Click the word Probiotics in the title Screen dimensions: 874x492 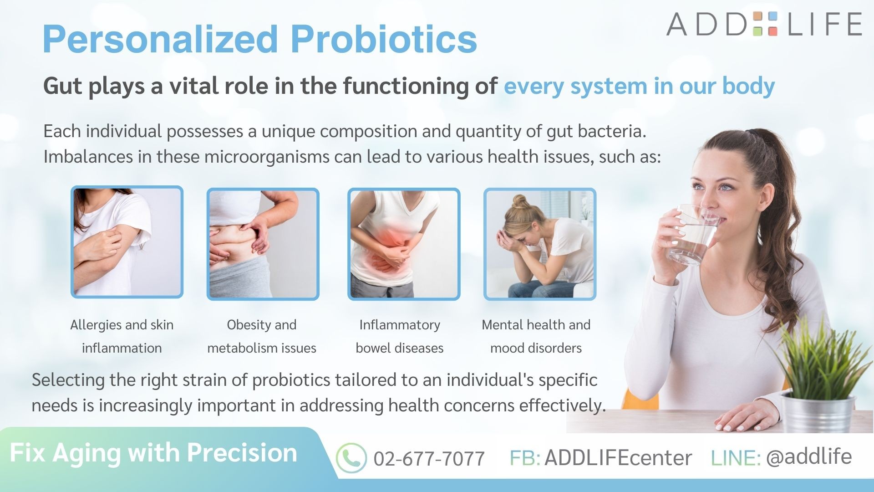click(384, 39)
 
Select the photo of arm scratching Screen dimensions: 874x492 click(127, 242)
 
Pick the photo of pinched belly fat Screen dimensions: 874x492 click(263, 244)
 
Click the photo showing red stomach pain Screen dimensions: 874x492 click(404, 244)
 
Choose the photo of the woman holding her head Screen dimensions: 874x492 click(540, 244)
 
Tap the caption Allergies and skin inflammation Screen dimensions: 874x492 click(122, 336)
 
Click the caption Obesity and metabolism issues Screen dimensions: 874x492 click(262, 336)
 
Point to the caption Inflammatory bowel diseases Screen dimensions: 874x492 click(400, 336)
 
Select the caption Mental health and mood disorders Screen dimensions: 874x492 click(536, 336)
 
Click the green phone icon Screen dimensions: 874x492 click(351, 458)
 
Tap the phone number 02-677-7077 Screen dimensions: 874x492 click(429, 459)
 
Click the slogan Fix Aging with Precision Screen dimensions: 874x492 click(153, 453)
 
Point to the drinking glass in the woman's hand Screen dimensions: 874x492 click(691, 235)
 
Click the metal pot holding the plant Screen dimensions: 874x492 click(817, 412)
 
